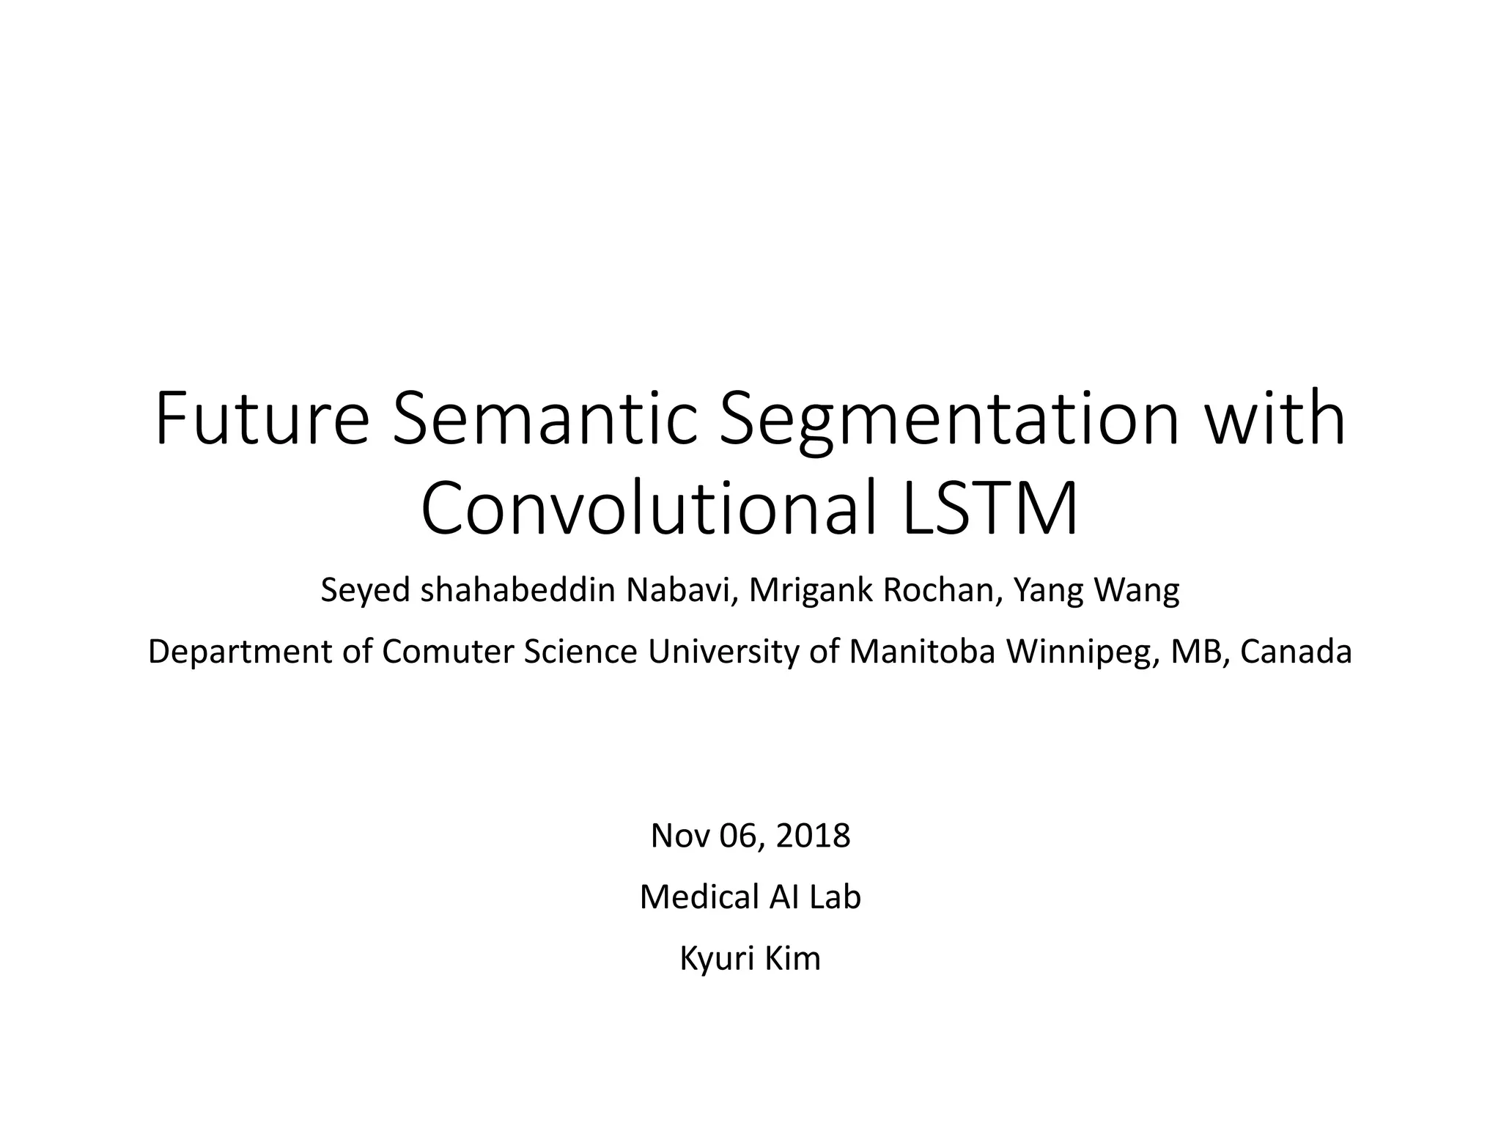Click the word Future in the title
pyautogui.click(x=261, y=420)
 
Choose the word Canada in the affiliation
pyautogui.click(x=1296, y=652)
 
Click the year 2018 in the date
pyautogui.click(x=813, y=836)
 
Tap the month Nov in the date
pyautogui.click(x=680, y=836)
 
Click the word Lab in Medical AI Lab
pyautogui.click(x=835, y=897)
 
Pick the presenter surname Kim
pyautogui.click(x=794, y=959)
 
